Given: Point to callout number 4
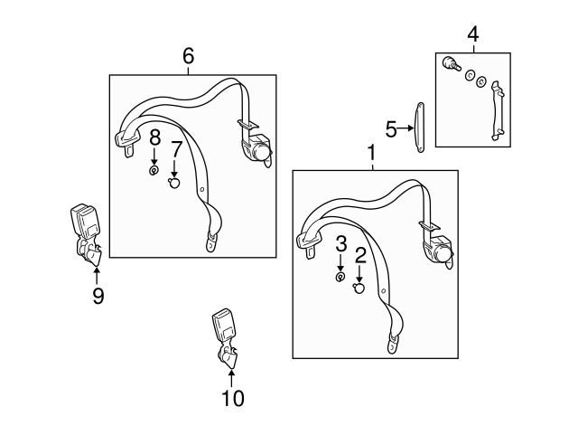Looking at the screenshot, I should coord(473,34).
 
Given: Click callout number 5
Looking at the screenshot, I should coord(391,129).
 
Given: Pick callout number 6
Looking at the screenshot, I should coord(189,56).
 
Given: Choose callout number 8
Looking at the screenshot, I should coord(154,137).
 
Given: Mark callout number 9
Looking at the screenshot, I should coord(98,295).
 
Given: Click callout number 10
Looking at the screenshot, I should coord(232,396).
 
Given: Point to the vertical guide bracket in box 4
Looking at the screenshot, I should coord(494,109).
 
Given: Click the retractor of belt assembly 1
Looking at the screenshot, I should coord(441,250).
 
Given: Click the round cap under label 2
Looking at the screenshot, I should coord(359,289).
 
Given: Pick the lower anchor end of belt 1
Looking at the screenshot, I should coord(396,342).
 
